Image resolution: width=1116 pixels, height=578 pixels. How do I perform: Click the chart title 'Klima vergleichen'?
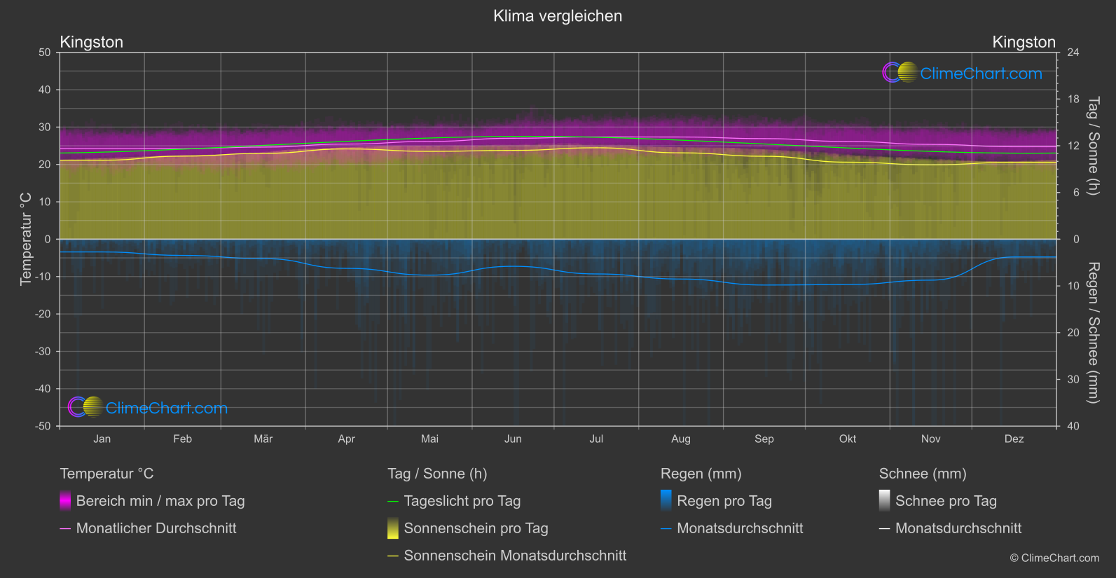pyautogui.click(x=558, y=16)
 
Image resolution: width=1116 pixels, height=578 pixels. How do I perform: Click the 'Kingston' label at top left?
pyautogui.click(x=92, y=42)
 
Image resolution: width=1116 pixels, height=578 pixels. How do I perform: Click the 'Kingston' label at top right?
pyautogui.click(x=1024, y=42)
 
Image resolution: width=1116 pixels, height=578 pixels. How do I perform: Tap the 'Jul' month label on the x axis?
pyautogui.click(x=596, y=439)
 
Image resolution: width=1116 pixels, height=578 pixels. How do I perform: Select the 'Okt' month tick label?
pyautogui.click(x=848, y=439)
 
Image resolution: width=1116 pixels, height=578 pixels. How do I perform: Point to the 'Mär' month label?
pyautogui.click(x=263, y=439)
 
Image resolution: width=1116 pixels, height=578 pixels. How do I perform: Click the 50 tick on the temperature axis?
pyautogui.click(x=45, y=53)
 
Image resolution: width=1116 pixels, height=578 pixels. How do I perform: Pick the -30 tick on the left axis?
pyautogui.click(x=43, y=352)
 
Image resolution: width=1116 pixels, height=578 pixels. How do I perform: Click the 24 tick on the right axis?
pyautogui.click(x=1073, y=53)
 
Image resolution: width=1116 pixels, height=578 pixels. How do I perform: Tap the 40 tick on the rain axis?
pyautogui.click(x=1073, y=426)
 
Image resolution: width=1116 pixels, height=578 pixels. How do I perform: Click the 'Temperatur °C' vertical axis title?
pyautogui.click(x=26, y=239)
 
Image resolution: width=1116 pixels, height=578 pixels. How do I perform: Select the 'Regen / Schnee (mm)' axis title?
pyautogui.click(x=1093, y=333)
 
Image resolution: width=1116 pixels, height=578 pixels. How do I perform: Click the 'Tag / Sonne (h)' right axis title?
pyautogui.click(x=1093, y=146)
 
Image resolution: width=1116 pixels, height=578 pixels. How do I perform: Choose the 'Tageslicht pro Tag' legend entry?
pyautogui.click(x=462, y=501)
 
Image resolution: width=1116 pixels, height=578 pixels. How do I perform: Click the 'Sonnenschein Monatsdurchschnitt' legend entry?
pyautogui.click(x=515, y=556)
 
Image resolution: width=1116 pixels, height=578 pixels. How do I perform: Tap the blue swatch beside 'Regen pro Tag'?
pyautogui.click(x=666, y=500)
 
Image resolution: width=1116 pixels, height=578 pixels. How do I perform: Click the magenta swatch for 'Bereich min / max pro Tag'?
pyautogui.click(x=65, y=500)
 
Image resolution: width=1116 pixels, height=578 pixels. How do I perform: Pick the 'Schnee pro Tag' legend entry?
pyautogui.click(x=946, y=501)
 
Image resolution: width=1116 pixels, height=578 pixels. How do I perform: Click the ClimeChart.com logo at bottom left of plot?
pyautogui.click(x=148, y=408)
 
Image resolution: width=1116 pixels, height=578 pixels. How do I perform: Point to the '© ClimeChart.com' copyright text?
pyautogui.click(x=1054, y=558)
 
